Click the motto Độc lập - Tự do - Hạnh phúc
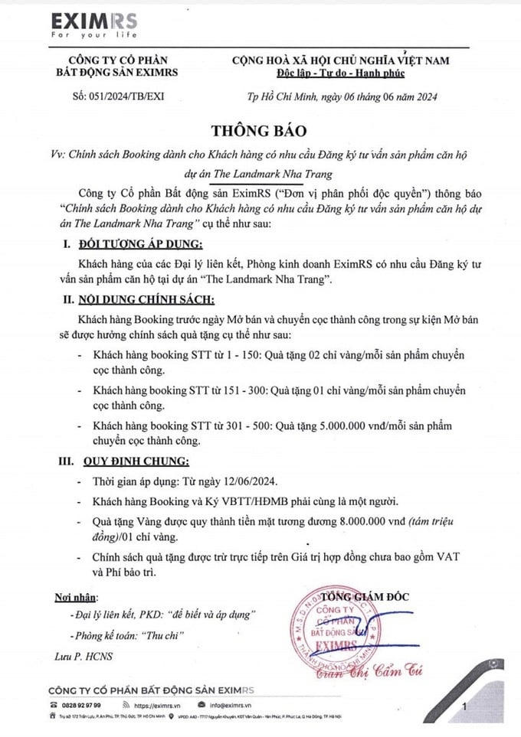click(x=340, y=73)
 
